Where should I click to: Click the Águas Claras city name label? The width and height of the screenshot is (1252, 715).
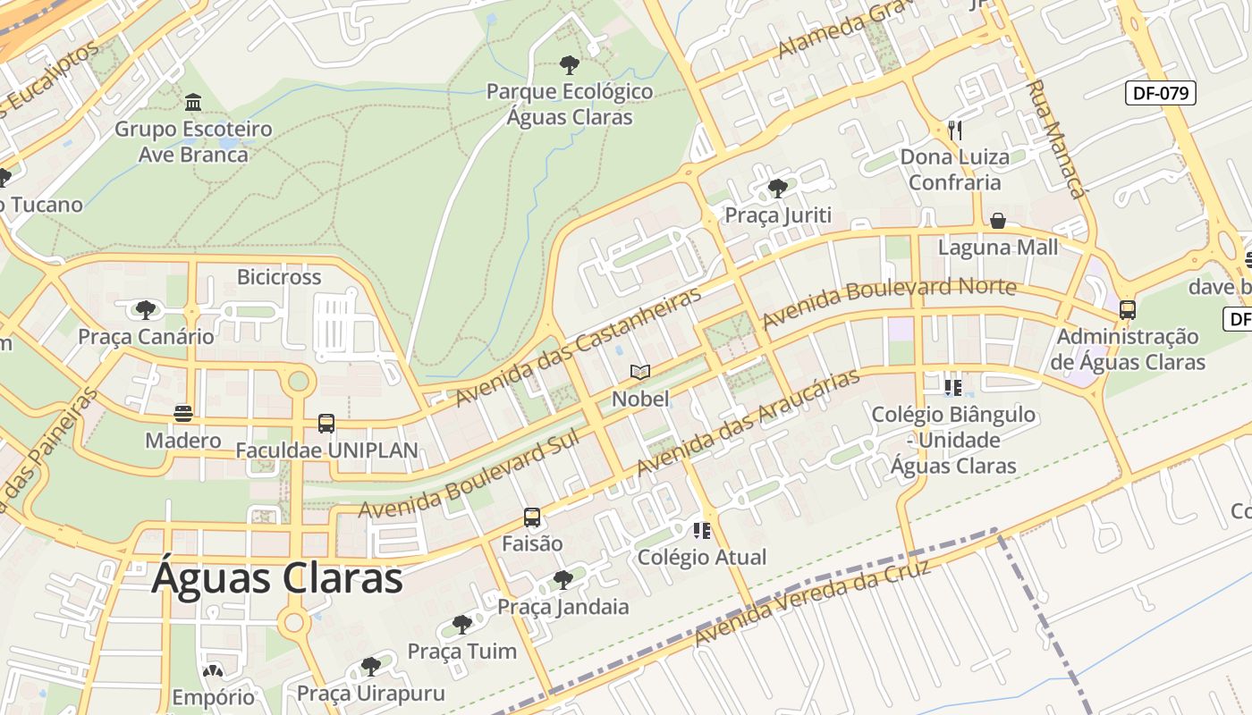[277, 578]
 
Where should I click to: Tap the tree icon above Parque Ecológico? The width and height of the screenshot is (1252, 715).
[569, 64]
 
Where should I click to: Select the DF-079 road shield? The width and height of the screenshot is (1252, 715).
[1160, 92]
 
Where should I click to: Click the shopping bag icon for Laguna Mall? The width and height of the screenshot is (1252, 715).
[997, 221]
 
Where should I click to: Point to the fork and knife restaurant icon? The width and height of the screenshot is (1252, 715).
[954, 130]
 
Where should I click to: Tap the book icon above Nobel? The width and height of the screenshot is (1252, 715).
[640, 372]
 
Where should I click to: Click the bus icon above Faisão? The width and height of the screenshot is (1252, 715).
[532, 517]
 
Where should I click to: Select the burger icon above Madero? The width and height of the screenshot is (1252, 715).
[183, 414]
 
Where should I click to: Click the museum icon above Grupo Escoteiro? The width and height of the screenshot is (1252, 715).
[193, 102]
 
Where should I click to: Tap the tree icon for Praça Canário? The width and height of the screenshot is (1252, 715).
[146, 310]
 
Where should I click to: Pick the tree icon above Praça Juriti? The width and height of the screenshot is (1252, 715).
[778, 189]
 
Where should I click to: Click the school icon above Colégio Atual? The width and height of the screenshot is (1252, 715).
[702, 531]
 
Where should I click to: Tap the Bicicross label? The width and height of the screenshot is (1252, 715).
[279, 277]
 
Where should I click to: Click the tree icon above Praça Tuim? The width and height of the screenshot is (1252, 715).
[461, 624]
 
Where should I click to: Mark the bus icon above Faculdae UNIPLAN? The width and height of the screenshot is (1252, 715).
[326, 424]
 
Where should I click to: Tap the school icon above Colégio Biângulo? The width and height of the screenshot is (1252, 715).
[953, 388]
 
